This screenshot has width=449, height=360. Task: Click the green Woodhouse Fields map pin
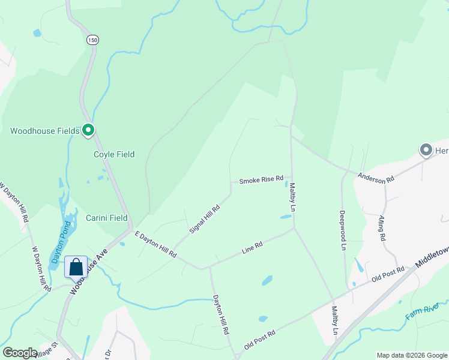88,130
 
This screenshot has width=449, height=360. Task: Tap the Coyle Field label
114,154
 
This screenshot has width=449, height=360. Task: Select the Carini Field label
107,218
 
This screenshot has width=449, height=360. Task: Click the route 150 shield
92,40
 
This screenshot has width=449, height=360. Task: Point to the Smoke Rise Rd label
261,181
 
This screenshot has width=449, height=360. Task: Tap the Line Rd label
253,246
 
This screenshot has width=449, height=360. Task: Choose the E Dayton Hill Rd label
155,245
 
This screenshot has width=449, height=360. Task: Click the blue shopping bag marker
76,267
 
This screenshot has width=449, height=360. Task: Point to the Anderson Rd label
376,178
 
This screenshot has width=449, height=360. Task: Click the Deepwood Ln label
343,230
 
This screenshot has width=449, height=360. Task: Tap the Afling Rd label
382,229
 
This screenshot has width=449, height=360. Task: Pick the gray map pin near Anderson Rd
426,150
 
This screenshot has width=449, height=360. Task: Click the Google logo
20,353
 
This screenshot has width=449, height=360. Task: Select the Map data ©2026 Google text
412,355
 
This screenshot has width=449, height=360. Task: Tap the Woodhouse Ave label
89,271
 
